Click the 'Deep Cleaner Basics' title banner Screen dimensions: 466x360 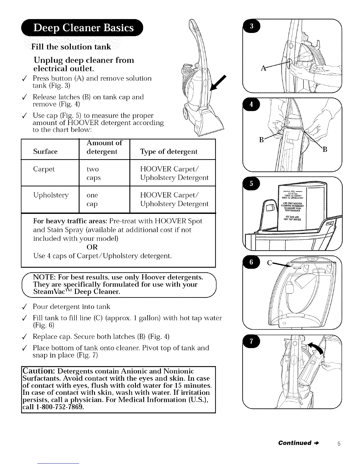pyautogui.click(x=84, y=28)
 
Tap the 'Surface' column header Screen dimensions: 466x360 pyautogui.click(x=45, y=152)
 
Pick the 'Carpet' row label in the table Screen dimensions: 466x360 pyautogui.click(x=44, y=169)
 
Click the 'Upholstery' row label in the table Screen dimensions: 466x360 pyautogui.click(x=51, y=195)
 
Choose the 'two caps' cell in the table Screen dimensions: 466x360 pyautogui.click(x=93, y=174)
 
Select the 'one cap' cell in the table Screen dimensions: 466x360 pyautogui.click(x=92, y=199)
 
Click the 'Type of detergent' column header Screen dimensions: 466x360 pyautogui.click(x=169, y=152)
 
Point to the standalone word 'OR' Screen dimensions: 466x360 pyautogui.click(x=92, y=247)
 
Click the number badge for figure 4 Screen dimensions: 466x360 pyautogui.click(x=251, y=104)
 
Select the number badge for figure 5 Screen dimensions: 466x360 pyautogui.click(x=251, y=184)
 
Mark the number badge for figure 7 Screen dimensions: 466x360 pyautogui.click(x=251, y=342)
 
